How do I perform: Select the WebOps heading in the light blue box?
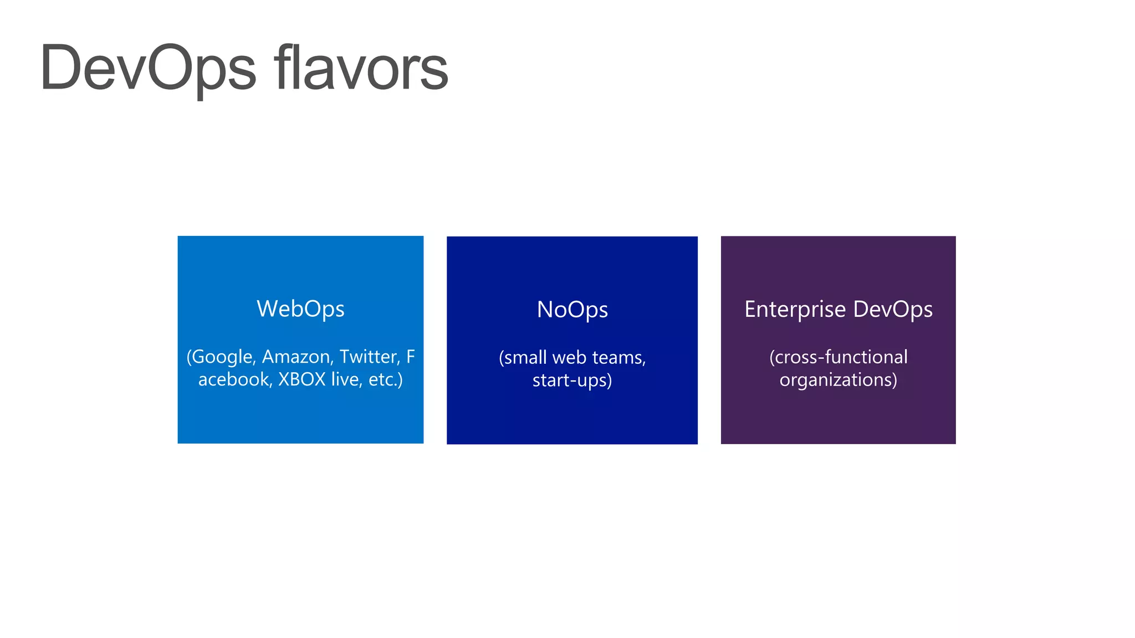(x=300, y=309)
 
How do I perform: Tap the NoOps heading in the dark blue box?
(x=572, y=310)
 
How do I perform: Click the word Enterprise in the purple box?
(x=795, y=310)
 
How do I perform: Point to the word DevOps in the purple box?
(x=893, y=310)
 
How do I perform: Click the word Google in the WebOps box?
(x=223, y=357)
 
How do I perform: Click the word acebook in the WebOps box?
(x=235, y=379)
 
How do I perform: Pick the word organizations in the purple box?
(x=837, y=380)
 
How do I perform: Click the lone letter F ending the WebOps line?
(x=410, y=357)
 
